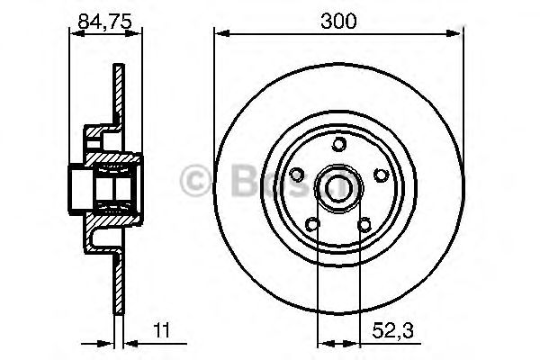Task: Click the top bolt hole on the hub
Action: pyautogui.click(x=337, y=143)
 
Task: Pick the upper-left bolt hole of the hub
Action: pyautogui.click(x=298, y=173)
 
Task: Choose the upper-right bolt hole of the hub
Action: pyautogui.click(x=379, y=173)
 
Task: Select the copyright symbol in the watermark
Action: pyautogui.click(x=194, y=179)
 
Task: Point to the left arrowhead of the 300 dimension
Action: pyautogui.click(x=219, y=34)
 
